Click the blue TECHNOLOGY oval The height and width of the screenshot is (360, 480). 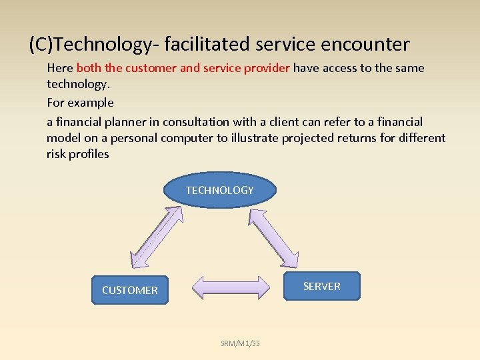(219, 190)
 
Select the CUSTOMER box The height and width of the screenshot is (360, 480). (130, 290)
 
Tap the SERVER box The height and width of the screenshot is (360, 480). (321, 286)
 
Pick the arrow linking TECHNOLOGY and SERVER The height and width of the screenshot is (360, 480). (274, 236)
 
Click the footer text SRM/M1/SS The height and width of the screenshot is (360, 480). (240, 343)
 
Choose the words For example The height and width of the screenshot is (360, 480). (80, 103)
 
